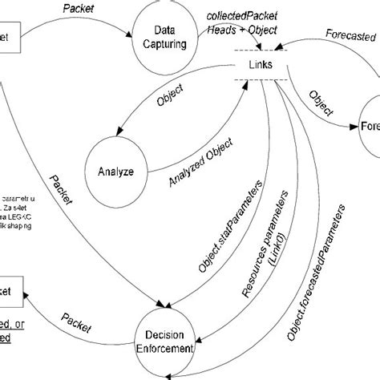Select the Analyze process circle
pos(117,171)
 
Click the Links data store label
pos(259,63)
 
